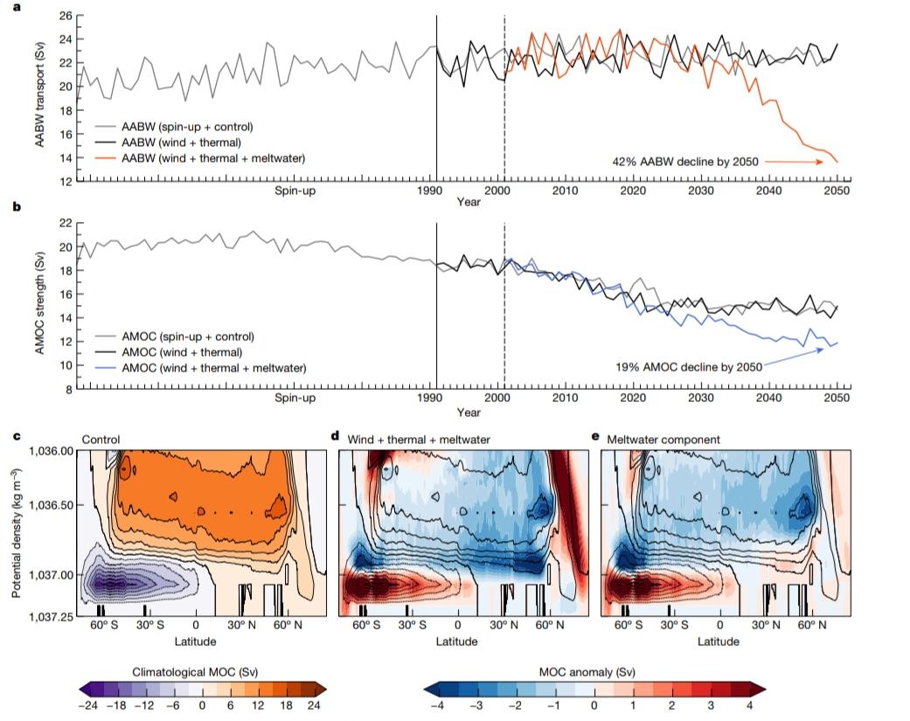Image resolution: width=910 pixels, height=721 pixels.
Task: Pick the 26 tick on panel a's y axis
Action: click(64, 15)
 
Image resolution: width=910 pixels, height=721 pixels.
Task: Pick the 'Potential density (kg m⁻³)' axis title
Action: click(17, 537)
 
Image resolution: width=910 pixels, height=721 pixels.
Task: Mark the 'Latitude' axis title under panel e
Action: click(719, 641)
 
